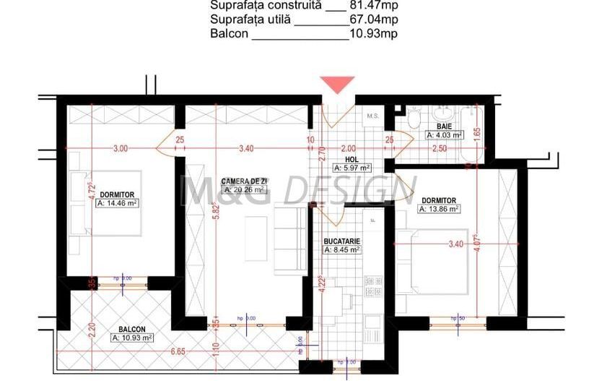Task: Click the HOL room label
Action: coord(352,159)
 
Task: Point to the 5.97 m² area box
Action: coord(352,168)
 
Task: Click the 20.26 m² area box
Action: coord(243,190)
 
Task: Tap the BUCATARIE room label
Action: coord(342,241)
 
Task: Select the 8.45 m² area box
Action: coord(342,250)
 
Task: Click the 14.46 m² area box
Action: coord(117,204)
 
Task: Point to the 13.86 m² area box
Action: coord(439,209)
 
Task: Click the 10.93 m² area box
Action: coord(131,338)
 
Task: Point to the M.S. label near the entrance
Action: coord(373,116)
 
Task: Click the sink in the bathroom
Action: coord(442,114)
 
